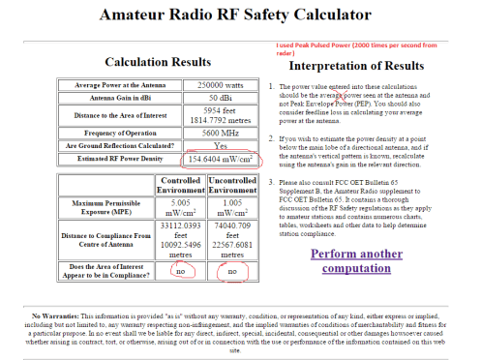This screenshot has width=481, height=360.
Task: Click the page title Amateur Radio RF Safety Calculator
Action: tap(240, 17)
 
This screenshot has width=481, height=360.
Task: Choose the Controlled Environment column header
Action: tap(180, 185)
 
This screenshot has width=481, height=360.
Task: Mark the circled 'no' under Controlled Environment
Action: tap(180, 272)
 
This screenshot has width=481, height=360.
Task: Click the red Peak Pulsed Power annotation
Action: tap(368, 48)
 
